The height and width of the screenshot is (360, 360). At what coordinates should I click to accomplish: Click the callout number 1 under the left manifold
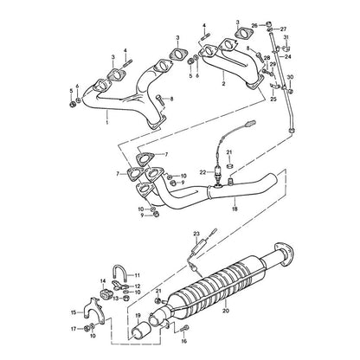106,122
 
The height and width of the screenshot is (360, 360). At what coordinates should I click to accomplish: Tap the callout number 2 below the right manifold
223,84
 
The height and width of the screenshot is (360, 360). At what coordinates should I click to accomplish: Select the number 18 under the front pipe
235,209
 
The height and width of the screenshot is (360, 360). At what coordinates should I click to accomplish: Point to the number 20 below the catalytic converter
226,311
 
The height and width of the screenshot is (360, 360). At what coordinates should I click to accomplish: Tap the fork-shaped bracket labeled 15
91,308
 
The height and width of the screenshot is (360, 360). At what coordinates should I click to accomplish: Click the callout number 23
196,234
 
